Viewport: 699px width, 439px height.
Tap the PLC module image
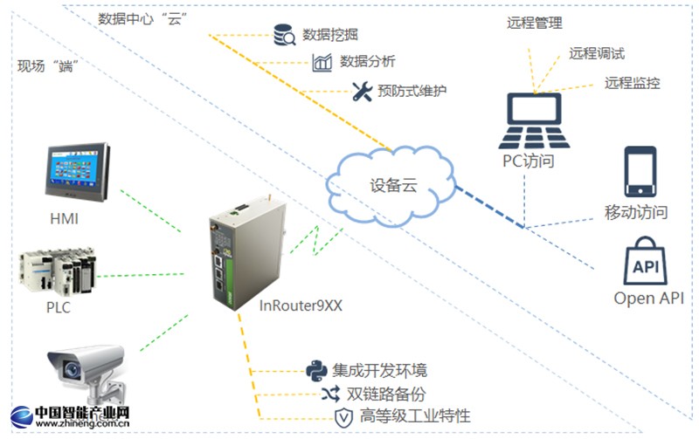[57, 271]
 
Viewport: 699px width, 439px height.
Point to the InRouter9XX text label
[301, 305]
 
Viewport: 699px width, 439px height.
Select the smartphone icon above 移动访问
[639, 173]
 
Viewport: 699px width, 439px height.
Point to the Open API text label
[648, 298]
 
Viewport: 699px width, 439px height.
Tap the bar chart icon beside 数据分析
[322, 62]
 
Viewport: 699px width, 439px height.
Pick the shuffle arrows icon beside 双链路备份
[332, 394]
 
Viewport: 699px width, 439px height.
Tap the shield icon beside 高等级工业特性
[343, 416]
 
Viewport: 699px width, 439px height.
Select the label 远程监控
[632, 83]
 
